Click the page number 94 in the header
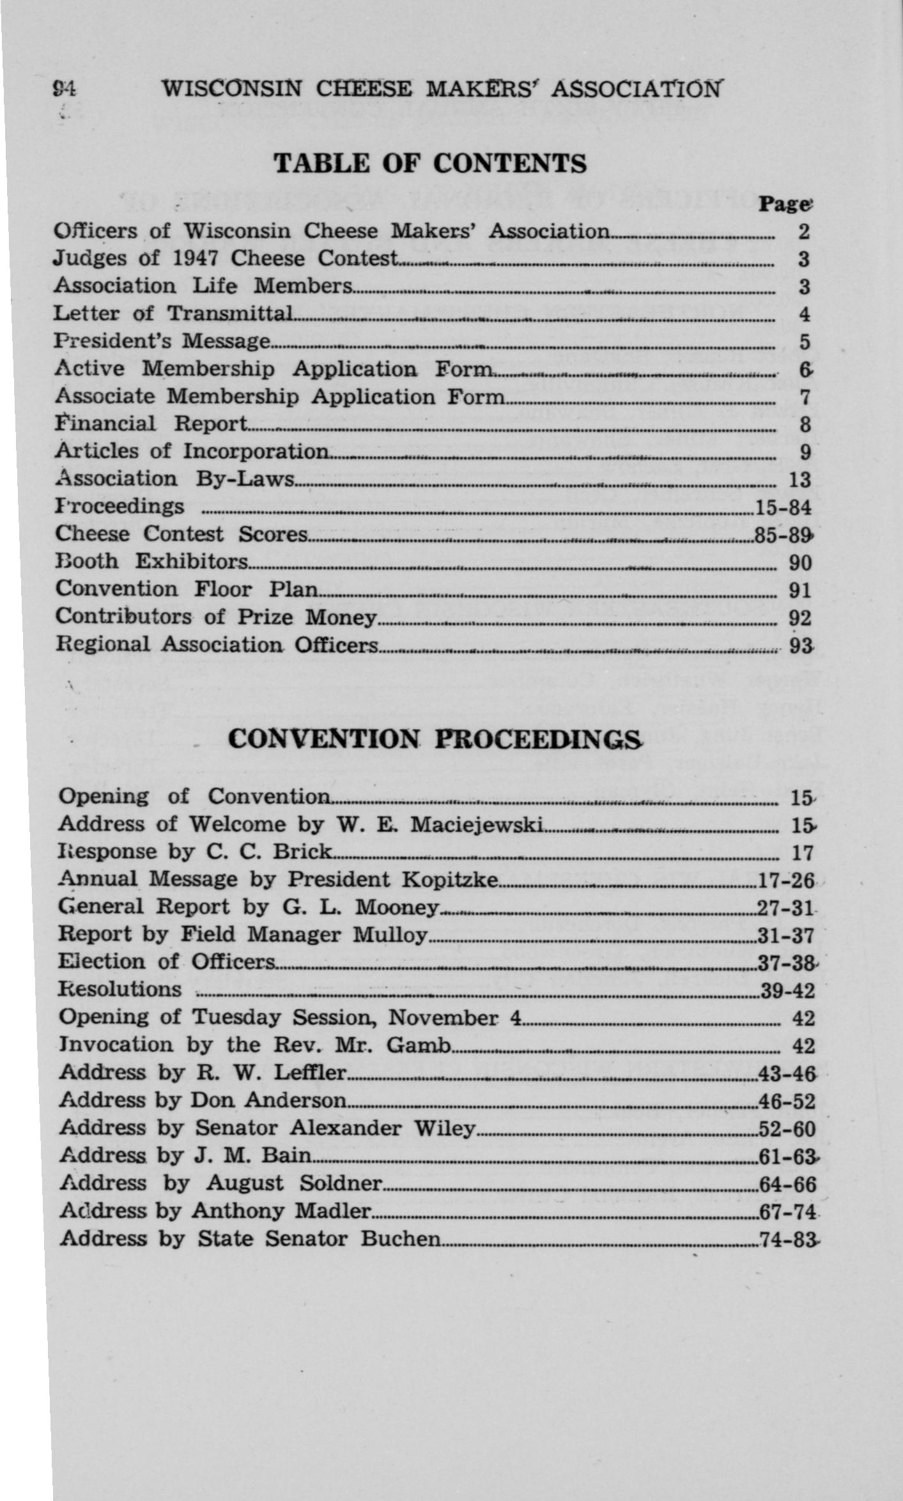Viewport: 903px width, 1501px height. tap(65, 88)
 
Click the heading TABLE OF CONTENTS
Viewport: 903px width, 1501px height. tap(430, 164)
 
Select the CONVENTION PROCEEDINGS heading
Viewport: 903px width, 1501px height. tap(435, 739)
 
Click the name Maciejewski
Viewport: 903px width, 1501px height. tap(477, 825)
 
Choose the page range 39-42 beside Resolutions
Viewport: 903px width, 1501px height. tap(787, 991)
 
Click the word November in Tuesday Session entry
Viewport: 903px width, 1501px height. tap(442, 1017)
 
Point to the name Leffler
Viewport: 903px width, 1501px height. tap(309, 1073)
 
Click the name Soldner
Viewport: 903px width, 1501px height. tap(341, 1184)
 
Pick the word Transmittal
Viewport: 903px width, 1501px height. tap(230, 314)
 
